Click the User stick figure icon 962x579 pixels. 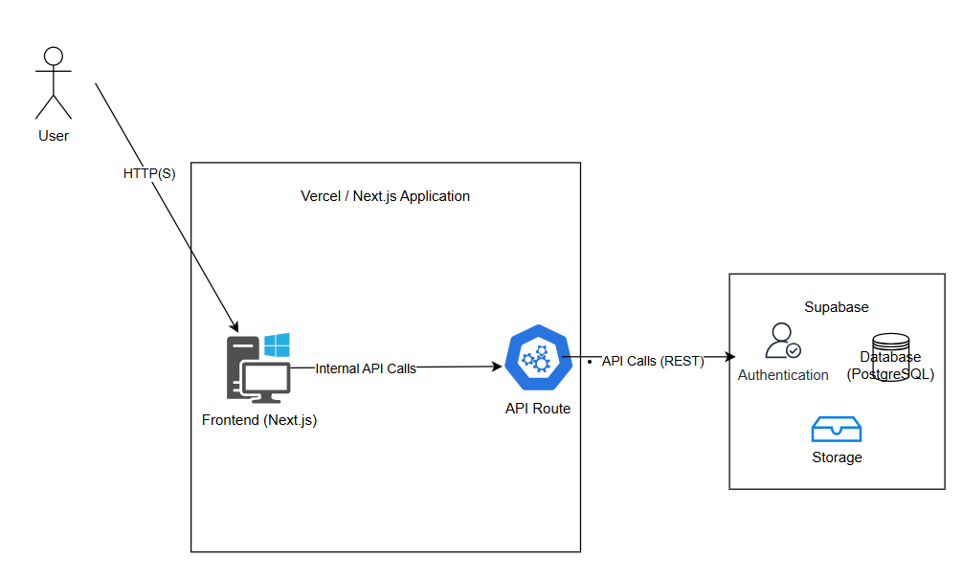pyautogui.click(x=54, y=81)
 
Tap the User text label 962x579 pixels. pyautogui.click(x=54, y=136)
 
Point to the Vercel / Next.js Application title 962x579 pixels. pyautogui.click(x=386, y=196)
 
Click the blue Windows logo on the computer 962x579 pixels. pyautogui.click(x=277, y=345)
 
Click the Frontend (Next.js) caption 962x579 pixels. pyautogui.click(x=259, y=419)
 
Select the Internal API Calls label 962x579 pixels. pyautogui.click(x=366, y=368)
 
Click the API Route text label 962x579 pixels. pyautogui.click(x=538, y=409)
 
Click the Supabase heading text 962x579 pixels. pyautogui.click(x=837, y=307)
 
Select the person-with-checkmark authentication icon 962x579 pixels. pyautogui.click(x=783, y=341)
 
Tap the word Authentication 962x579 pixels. pyautogui.click(x=783, y=375)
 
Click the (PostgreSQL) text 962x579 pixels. pyautogui.click(x=891, y=374)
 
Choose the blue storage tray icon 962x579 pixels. pyautogui.click(x=837, y=430)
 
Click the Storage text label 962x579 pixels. pyautogui.click(x=837, y=457)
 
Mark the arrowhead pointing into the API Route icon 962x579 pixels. pyautogui.click(x=497, y=367)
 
